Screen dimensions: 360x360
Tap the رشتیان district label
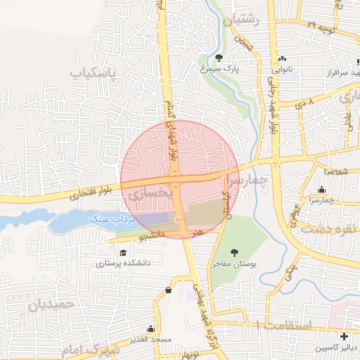click(242, 20)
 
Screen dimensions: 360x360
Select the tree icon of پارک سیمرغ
click(219, 58)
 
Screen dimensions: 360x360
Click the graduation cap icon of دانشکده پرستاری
click(123, 252)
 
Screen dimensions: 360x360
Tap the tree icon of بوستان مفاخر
click(234, 252)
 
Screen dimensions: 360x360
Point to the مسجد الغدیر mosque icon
click(150, 328)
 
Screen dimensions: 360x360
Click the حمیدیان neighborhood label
click(52, 304)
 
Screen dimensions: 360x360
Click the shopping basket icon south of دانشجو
click(168, 290)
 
